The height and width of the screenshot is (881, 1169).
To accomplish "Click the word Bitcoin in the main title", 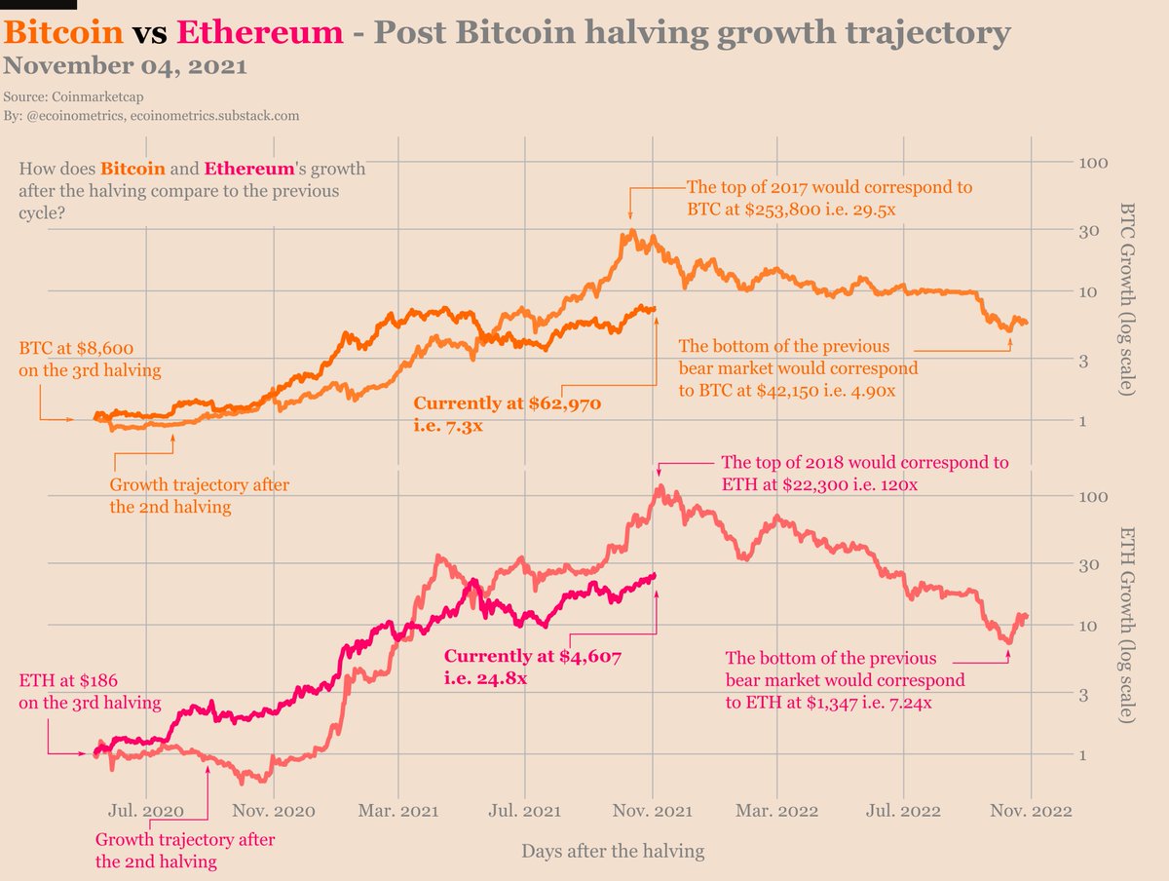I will point(63,33).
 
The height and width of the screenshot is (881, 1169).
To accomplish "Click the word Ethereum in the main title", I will point(260,33).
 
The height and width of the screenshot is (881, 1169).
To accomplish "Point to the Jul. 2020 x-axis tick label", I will point(145,810).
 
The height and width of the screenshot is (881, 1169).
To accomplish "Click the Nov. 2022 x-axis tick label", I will point(1032,810).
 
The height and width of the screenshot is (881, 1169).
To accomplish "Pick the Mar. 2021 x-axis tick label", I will point(397,810).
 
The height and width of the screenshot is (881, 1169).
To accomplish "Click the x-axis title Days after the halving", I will point(612,851).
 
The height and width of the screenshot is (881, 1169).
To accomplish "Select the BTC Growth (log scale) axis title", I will point(1127,298).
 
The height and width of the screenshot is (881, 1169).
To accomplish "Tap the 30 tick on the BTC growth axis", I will point(1088,231).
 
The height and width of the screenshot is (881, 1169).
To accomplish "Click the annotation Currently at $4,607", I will point(532,657).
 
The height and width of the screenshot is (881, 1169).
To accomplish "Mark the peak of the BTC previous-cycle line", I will point(632,232).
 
